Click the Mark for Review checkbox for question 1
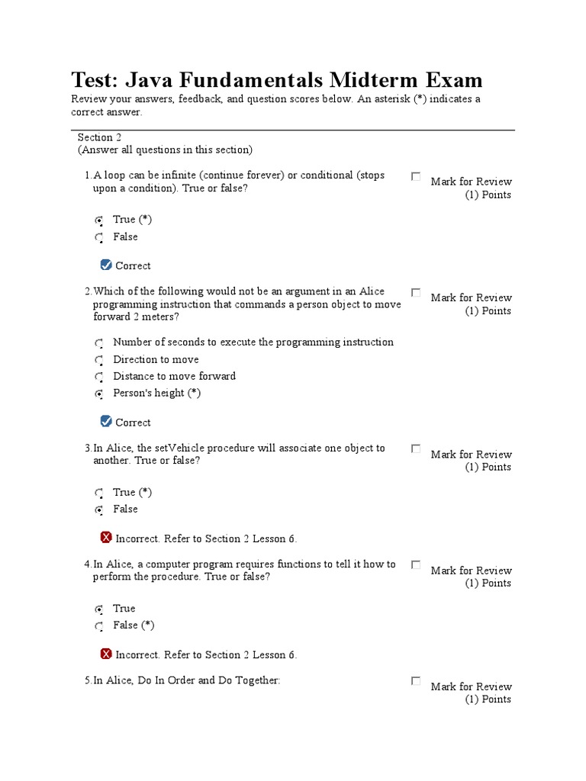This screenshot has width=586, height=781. point(416,176)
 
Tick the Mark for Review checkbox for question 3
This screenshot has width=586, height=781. point(416,448)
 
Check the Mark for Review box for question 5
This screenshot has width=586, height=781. point(416,681)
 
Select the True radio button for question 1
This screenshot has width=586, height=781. point(99,220)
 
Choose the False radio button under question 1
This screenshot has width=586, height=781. point(99,238)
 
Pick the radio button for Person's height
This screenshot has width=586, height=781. point(99,394)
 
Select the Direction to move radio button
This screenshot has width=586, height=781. point(99,361)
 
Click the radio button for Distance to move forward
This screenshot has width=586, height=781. point(99,378)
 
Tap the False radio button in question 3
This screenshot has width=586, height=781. point(99,510)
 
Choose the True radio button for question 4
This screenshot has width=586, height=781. point(99,609)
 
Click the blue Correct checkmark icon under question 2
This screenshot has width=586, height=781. point(106,421)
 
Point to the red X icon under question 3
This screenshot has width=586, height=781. point(106,538)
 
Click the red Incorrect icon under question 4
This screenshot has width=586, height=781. point(106,654)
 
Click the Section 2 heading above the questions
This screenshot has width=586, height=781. point(99,137)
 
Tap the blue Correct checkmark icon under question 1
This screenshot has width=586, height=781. point(106,265)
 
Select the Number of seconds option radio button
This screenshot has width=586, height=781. point(99,344)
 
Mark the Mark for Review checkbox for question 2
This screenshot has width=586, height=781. point(416,292)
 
